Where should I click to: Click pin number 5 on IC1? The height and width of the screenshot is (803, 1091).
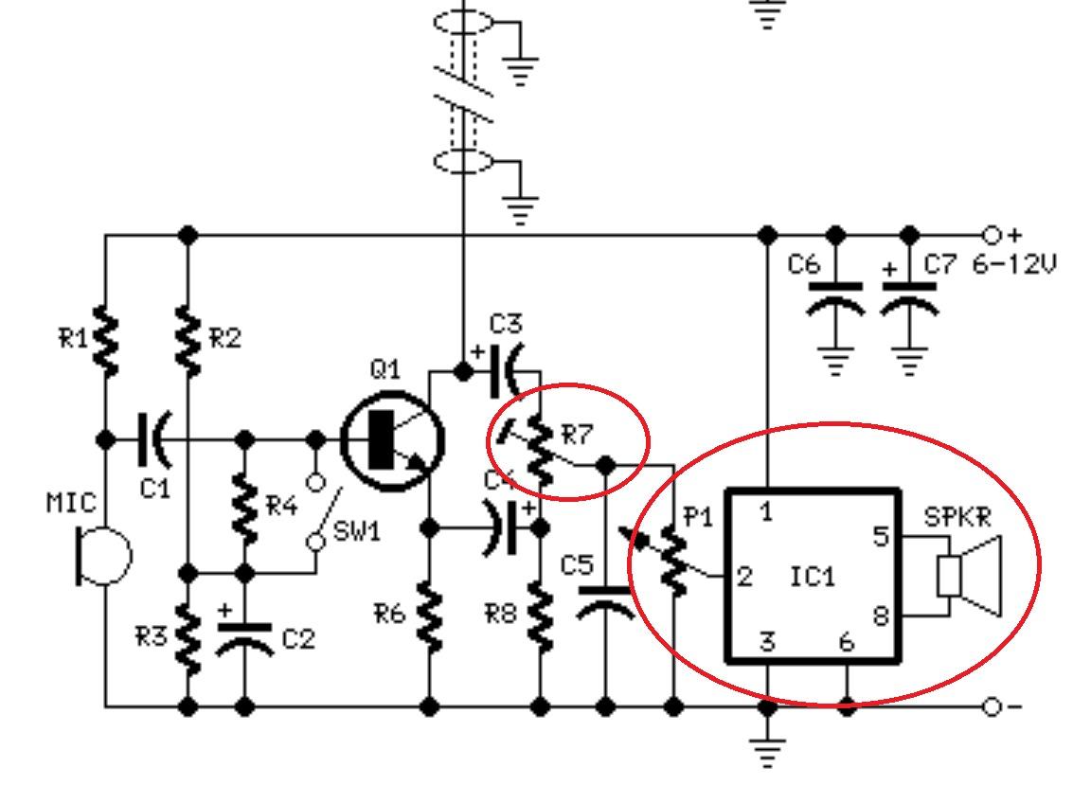(881, 536)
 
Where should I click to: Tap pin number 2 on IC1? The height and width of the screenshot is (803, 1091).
(745, 576)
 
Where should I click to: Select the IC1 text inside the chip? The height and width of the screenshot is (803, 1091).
(813, 576)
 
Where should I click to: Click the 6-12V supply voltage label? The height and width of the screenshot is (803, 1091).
(1013, 264)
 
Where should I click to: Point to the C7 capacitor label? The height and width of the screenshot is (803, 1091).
(940, 264)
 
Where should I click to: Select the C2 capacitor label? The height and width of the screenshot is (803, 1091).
(297, 639)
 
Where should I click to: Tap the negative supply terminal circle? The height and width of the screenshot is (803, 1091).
(991, 706)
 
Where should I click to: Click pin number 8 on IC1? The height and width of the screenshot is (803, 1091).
(881, 616)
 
